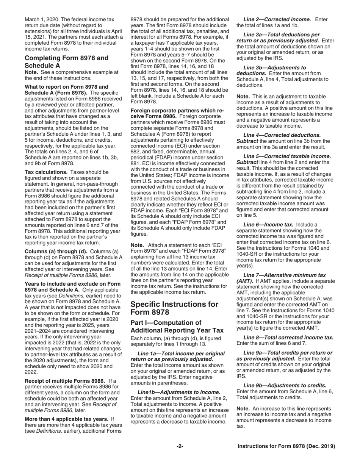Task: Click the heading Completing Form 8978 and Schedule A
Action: pos(66,61)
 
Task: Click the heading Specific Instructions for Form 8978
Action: pos(174,308)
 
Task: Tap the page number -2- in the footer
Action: pos(180,446)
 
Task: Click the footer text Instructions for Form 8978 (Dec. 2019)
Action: pos(286,446)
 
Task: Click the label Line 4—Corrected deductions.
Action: pos(282,135)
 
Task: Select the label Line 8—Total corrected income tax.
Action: pos(288,337)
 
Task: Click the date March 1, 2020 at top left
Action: pos(41,19)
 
